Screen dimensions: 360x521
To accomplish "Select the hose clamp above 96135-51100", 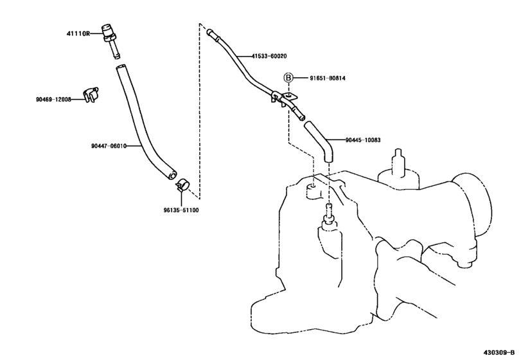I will tap(181, 186).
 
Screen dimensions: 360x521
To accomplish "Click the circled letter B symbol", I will tap(289, 78).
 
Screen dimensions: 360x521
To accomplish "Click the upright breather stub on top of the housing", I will tap(399, 161).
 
